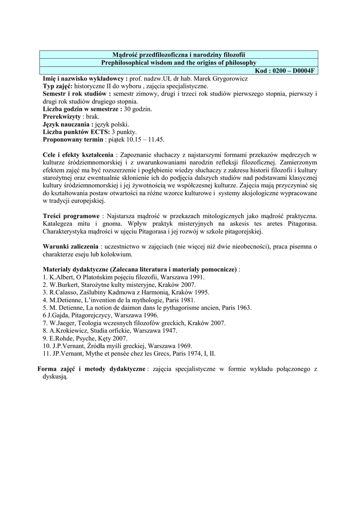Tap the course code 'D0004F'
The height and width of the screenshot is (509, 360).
coord(300,71)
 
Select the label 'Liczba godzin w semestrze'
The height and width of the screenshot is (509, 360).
coord(81,108)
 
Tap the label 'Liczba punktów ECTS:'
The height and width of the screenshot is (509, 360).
coord(76,131)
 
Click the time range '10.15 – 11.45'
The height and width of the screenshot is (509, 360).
coord(147,139)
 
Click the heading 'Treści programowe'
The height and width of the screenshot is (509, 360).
coord(71,216)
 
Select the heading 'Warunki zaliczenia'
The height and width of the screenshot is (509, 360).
coord(71,247)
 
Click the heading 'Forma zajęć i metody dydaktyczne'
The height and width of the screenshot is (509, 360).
coord(92,369)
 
